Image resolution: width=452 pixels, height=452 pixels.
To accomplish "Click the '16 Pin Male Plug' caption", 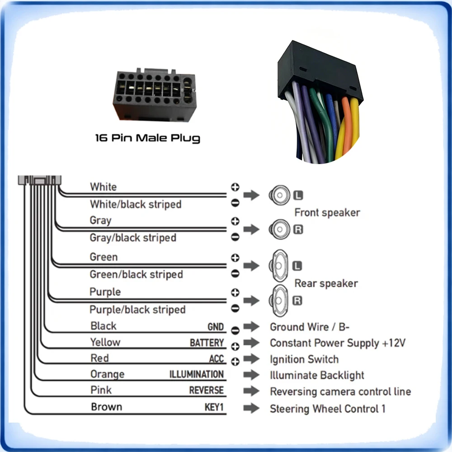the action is (x=148, y=138).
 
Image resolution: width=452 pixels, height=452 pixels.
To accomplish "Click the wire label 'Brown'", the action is (x=106, y=407).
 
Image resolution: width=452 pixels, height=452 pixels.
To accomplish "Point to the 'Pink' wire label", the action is (x=101, y=390).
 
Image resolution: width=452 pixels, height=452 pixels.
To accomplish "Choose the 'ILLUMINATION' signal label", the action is (x=196, y=374).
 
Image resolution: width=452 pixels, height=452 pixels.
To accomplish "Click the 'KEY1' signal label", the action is (x=214, y=407).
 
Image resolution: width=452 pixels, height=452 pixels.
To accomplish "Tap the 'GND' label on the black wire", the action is (x=216, y=327).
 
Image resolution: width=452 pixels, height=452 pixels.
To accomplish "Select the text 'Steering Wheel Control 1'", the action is (x=327, y=409).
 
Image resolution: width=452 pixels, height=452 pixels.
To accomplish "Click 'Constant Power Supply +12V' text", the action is (x=338, y=343).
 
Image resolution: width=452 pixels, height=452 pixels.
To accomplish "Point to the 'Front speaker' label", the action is (x=327, y=213).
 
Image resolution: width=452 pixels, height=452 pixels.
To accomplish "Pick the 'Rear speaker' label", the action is (x=326, y=283).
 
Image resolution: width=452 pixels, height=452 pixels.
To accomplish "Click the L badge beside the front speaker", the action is (x=298, y=195).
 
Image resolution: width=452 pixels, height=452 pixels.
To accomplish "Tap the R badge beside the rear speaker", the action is (x=297, y=301).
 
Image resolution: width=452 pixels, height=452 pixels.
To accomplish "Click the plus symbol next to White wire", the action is (x=235, y=187).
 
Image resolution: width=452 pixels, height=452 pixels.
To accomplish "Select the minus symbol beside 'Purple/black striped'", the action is (x=235, y=308).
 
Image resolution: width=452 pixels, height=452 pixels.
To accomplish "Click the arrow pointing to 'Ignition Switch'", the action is (x=251, y=359).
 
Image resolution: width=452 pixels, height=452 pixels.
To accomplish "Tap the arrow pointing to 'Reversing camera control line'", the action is (x=251, y=391).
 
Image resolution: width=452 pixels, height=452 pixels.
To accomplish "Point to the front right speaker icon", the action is (x=279, y=230).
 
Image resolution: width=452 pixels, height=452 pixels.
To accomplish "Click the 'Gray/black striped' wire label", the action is (x=133, y=238).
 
